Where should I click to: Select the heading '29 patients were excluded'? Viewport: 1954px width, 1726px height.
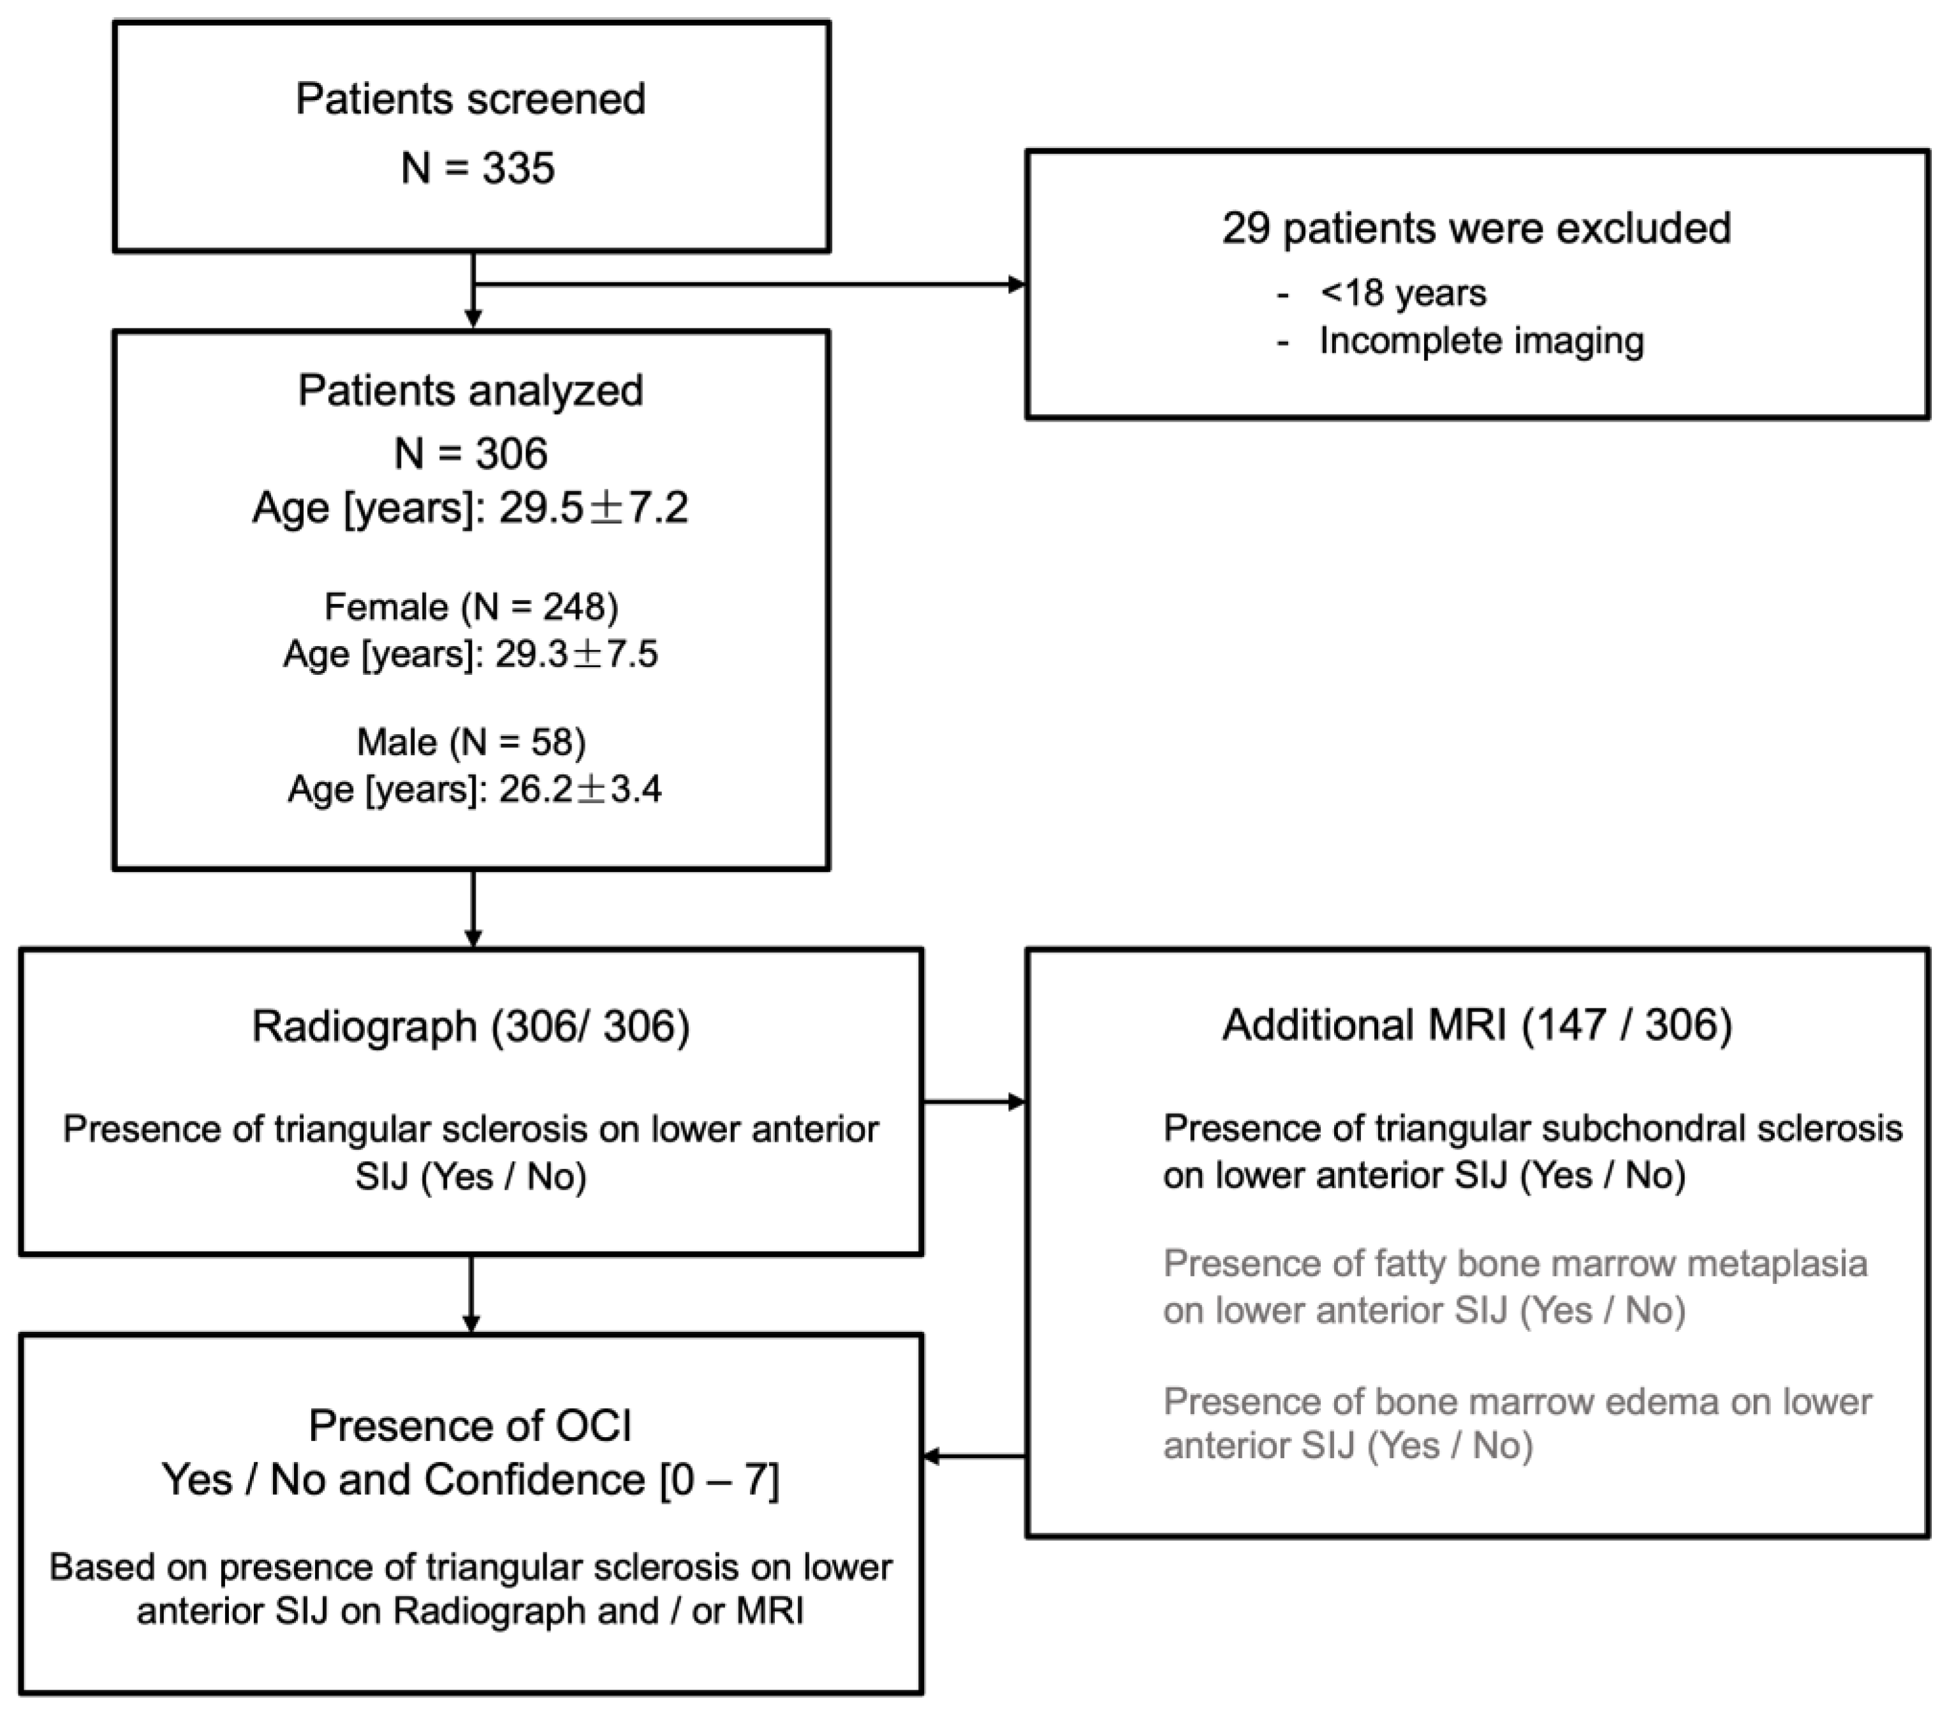tap(1475, 228)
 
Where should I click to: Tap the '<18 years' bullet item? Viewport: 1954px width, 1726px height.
tap(1402, 293)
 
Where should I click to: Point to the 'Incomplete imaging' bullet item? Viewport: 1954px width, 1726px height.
tap(1481, 341)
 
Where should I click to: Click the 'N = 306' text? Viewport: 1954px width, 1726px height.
tap(471, 454)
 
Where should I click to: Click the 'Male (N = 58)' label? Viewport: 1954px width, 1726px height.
tap(471, 741)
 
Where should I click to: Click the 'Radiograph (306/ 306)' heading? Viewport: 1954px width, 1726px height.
tap(471, 1026)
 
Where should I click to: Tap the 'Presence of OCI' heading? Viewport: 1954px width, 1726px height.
tap(471, 1426)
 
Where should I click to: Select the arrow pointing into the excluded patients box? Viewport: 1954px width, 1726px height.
tap(1013, 284)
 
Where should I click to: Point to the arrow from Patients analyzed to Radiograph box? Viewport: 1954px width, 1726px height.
tap(473, 908)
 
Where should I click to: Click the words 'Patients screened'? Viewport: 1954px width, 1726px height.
tap(471, 100)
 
